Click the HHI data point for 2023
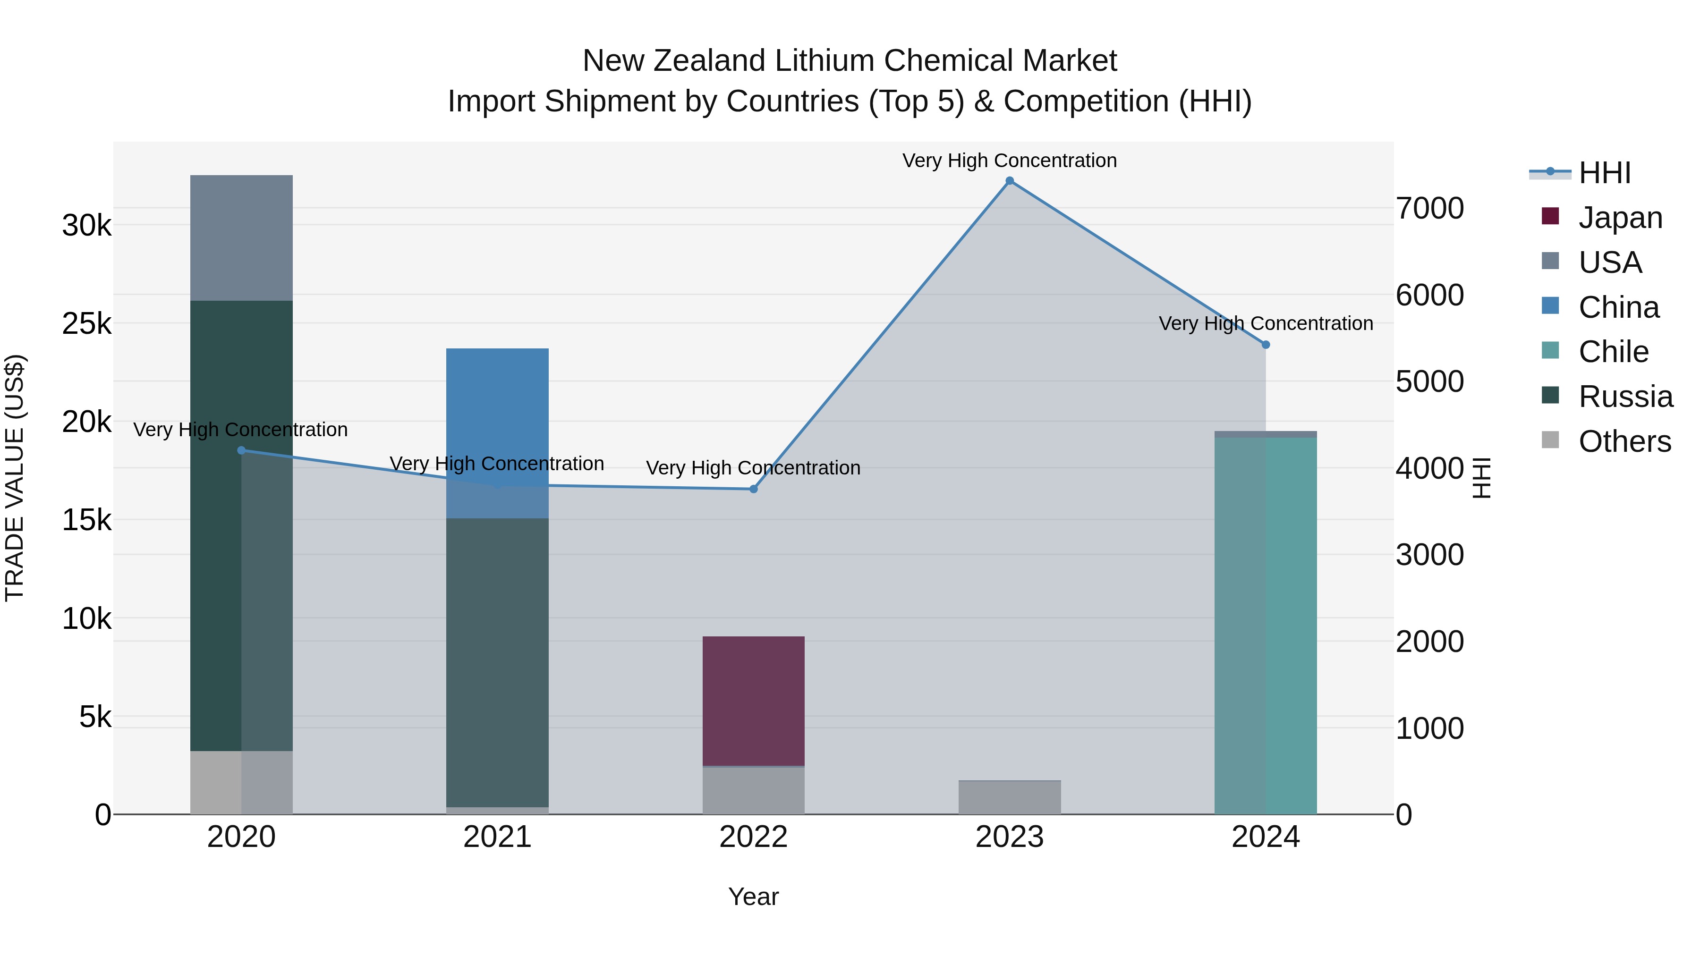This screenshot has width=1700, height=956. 1009,181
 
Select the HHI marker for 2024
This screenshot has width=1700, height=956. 1265,345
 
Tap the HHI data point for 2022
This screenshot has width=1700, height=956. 753,489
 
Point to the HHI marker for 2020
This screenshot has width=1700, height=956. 241,451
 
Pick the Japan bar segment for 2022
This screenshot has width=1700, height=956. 753,701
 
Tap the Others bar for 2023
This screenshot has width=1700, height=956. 1009,798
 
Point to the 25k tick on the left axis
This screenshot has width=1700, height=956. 86,323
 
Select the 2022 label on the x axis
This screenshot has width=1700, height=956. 753,837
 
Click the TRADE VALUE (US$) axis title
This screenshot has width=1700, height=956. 15,478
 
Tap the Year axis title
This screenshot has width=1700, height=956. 753,897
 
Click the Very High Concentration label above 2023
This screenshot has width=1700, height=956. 1009,161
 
